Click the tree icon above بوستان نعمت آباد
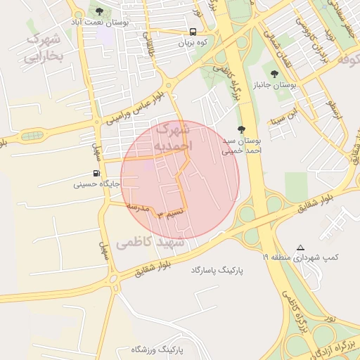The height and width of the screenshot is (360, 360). [x=99, y=11]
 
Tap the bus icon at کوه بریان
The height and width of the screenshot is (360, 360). [x=193, y=32]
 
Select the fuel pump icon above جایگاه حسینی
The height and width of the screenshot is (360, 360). [x=96, y=174]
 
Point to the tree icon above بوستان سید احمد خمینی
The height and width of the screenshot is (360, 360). [x=242, y=129]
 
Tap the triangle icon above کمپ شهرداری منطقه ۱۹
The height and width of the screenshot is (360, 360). [x=301, y=247]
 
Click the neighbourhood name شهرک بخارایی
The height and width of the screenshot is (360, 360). [x=44, y=48]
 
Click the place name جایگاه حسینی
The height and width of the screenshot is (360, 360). [x=97, y=185]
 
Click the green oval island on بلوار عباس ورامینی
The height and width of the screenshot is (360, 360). [x=30, y=135]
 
